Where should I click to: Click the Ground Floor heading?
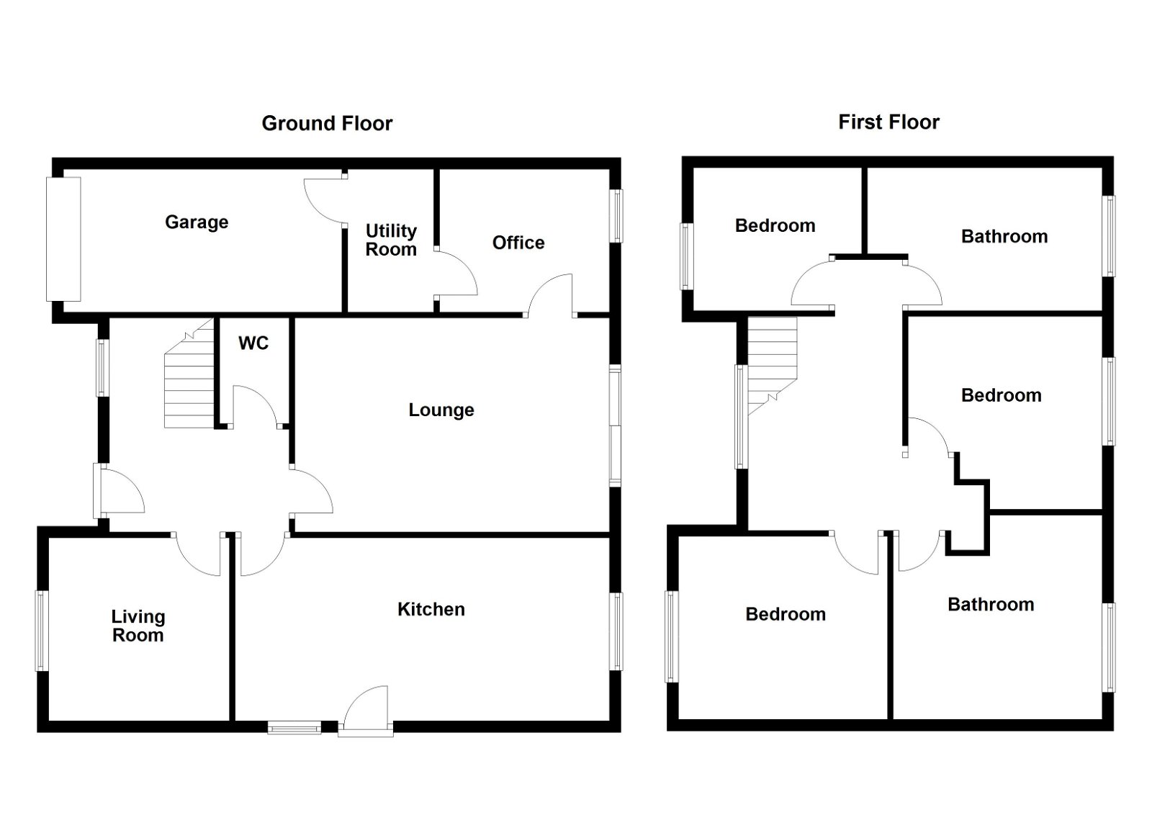327,123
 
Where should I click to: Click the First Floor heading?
888,122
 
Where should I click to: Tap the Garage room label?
197,222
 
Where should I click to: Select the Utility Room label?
391,240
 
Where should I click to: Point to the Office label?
518,242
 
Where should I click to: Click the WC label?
253,343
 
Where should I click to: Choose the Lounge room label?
441,410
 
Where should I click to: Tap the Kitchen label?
431,609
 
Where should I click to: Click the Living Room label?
138,626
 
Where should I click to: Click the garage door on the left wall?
63,239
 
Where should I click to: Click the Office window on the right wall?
616,216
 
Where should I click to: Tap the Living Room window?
41,631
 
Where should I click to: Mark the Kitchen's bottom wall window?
294,727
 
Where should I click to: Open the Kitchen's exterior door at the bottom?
366,711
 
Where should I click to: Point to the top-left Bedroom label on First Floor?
775,225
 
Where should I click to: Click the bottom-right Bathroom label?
991,604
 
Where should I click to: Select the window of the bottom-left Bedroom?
672,636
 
